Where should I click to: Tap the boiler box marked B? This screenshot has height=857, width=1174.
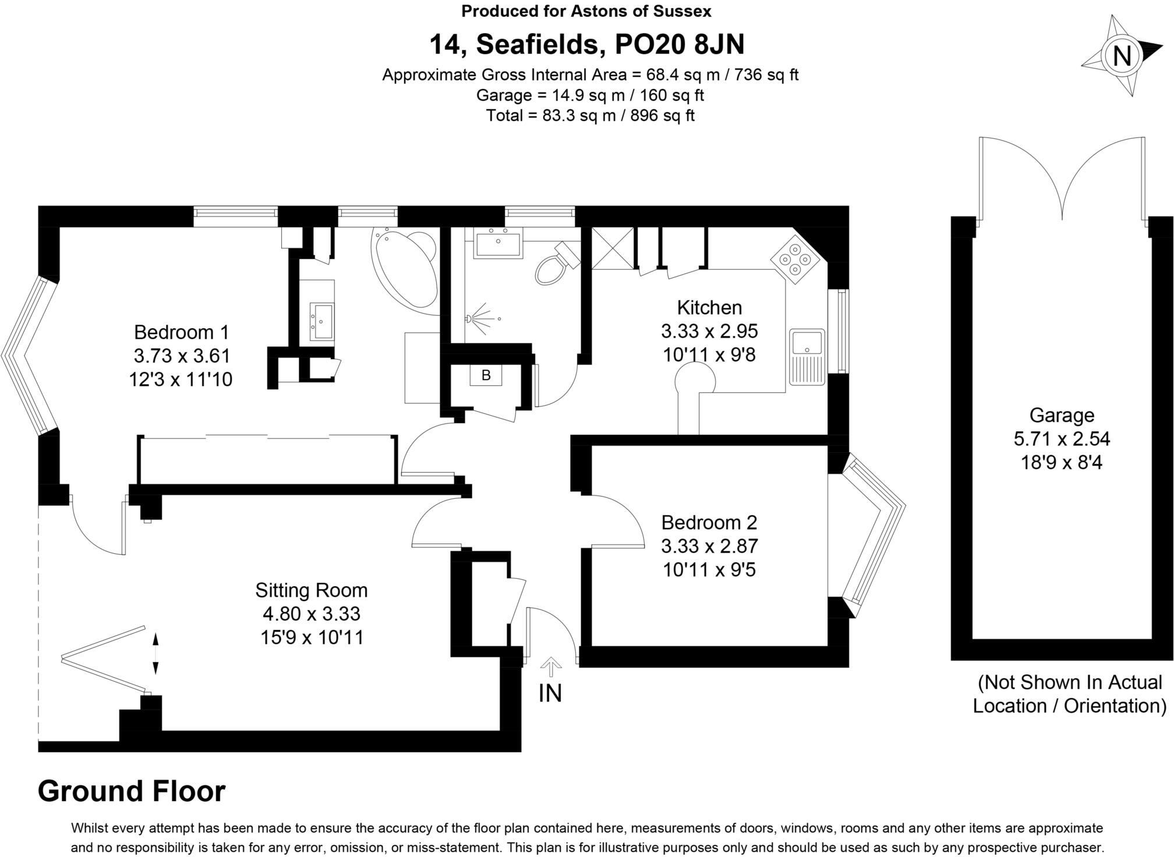pos(486,376)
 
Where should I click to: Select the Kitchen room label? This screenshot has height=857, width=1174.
pos(709,307)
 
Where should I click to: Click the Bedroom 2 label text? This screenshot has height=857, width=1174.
pos(709,522)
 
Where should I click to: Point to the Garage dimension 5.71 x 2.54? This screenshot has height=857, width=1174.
pos(1061,438)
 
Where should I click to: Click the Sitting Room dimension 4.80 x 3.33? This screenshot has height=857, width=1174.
pos(311,614)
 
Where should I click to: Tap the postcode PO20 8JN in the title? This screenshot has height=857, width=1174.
pos(679,44)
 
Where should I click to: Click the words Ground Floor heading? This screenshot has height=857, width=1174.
pos(131,791)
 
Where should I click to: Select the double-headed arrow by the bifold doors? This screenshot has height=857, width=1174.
pos(155,654)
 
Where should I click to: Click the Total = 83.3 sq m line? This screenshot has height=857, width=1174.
pos(589,115)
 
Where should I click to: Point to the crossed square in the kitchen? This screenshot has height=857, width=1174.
pos(612,248)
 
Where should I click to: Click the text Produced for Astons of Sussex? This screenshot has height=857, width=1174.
pos(586,10)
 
